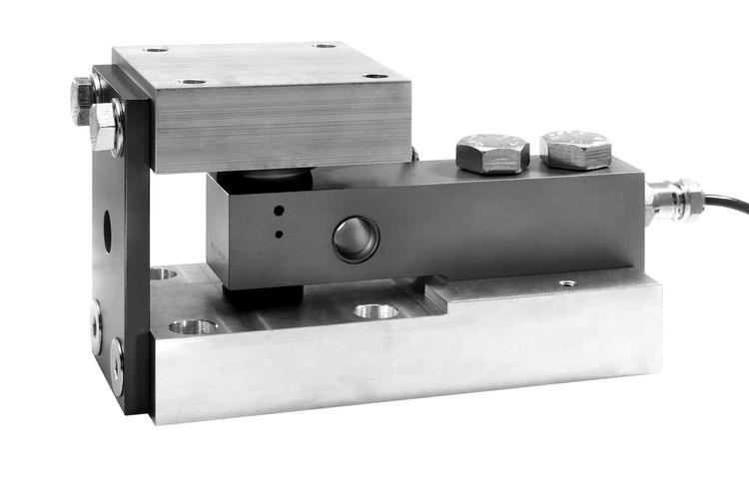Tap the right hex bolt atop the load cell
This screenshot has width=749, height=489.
[576, 149]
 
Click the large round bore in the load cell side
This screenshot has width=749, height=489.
[356, 239]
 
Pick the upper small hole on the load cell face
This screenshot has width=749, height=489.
[279, 212]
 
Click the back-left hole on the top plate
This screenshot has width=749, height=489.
[156, 49]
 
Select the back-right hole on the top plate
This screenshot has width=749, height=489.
[325, 45]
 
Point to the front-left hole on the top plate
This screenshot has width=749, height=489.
[193, 81]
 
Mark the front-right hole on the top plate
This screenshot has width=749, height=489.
[374, 77]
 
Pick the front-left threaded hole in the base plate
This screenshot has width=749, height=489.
[193, 326]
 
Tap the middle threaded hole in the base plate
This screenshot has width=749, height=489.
[375, 311]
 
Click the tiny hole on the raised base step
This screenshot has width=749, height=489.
[567, 283]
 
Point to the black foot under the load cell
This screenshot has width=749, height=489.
[264, 296]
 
